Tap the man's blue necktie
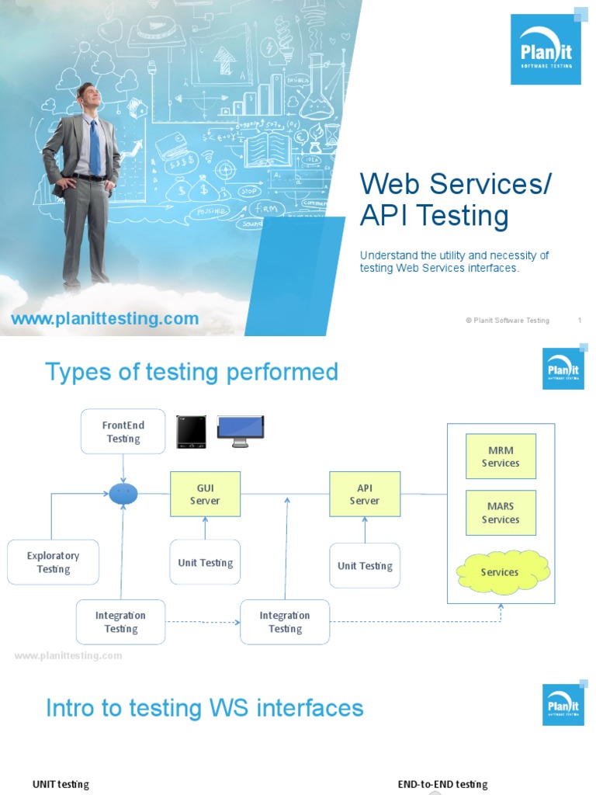click(95, 148)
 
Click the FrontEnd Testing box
click(123, 432)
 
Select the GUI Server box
click(205, 495)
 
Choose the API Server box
click(365, 495)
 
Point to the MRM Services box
click(501, 457)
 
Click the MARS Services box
click(501, 512)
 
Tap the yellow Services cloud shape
click(501, 572)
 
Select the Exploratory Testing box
click(53, 562)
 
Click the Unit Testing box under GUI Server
click(205, 562)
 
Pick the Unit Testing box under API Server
click(365, 566)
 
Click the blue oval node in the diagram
click(123, 493)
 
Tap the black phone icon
click(191, 432)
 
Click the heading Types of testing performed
click(192, 372)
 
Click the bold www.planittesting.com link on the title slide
click(104, 318)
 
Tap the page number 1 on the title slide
click(580, 320)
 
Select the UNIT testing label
click(61, 784)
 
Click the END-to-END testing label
click(442, 784)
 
